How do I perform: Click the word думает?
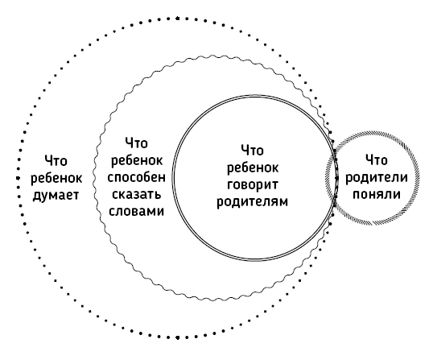pyautogui.click(x=56, y=196)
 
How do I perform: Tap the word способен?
pyautogui.click(x=136, y=178)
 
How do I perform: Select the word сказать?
pyautogui.click(x=136, y=194)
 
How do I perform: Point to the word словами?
pyautogui.click(x=136, y=211)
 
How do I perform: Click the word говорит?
pyautogui.click(x=253, y=185)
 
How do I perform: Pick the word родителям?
pyautogui.click(x=253, y=202)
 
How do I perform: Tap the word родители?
pyautogui.click(x=377, y=177)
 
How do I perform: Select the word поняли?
pyautogui.click(x=377, y=194)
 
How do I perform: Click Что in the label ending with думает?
pyautogui.click(x=56, y=161)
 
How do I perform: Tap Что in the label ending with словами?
pyautogui.click(x=136, y=143)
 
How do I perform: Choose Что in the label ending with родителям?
pyautogui.click(x=253, y=151)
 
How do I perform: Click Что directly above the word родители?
pyautogui.click(x=377, y=160)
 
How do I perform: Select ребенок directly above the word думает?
pyautogui.click(x=56, y=178)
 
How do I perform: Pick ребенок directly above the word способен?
pyautogui.click(x=136, y=160)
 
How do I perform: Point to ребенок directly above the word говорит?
pyautogui.click(x=253, y=168)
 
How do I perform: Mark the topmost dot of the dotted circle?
pyautogui.click(x=178, y=19)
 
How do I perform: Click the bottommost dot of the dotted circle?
pyautogui.click(x=178, y=337)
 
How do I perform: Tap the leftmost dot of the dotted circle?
pyautogui.click(x=18, y=178)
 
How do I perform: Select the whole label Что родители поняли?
pyautogui.click(x=377, y=177)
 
